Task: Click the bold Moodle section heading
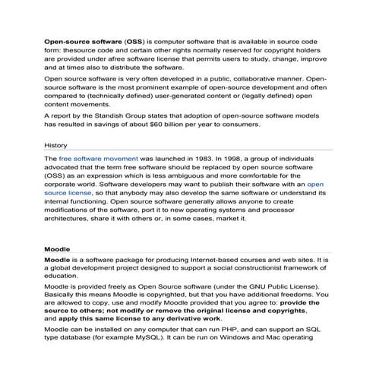click(57, 248)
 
